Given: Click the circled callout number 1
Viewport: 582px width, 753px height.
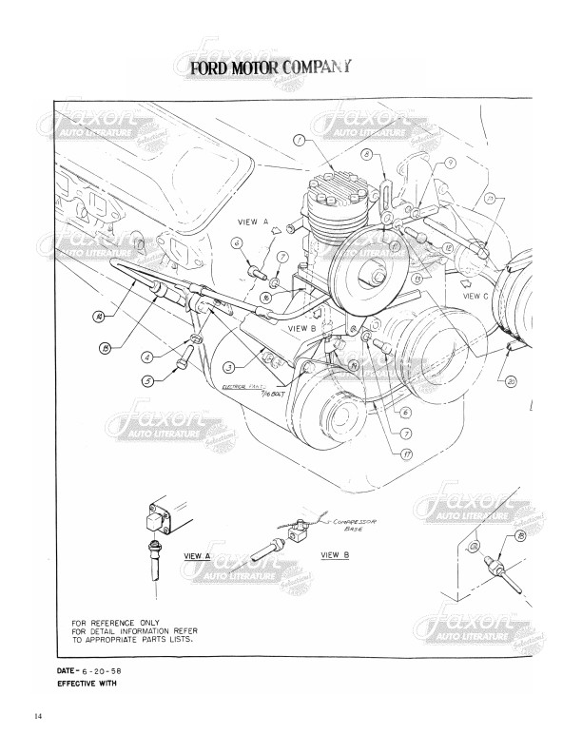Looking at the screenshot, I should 300,142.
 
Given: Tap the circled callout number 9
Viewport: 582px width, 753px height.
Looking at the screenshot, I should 450,163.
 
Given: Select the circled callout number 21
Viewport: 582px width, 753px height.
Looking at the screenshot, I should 490,200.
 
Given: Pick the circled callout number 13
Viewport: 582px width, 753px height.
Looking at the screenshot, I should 107,349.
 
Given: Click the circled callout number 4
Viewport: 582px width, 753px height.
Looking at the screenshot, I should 146,358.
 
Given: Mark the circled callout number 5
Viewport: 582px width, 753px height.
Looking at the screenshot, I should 146,381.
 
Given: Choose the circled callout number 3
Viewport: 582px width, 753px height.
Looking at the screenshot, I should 229,367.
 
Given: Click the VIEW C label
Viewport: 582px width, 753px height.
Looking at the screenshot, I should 476,296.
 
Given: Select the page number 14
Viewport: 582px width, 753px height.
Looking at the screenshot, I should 38,715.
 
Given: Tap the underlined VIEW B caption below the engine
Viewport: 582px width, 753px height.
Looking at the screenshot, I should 335,554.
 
